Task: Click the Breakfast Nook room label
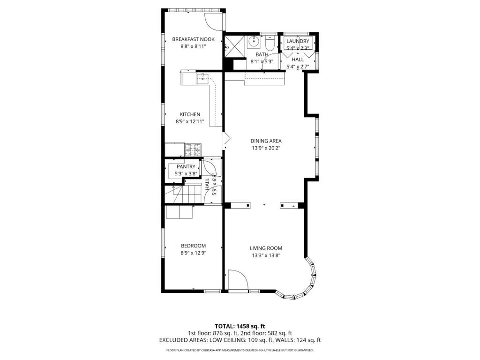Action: (193, 39)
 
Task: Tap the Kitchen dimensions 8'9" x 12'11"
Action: (190, 121)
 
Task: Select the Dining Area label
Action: (266, 141)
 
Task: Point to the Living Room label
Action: (266, 248)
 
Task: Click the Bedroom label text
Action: (193, 246)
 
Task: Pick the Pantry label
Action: (186, 166)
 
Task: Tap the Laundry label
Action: (298, 41)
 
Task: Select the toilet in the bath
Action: (270, 44)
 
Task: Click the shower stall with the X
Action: (235, 46)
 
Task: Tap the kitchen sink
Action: (202, 78)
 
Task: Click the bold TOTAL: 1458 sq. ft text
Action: (240, 326)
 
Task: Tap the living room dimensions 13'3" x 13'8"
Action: (266, 255)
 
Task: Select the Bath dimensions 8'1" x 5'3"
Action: (262, 61)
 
